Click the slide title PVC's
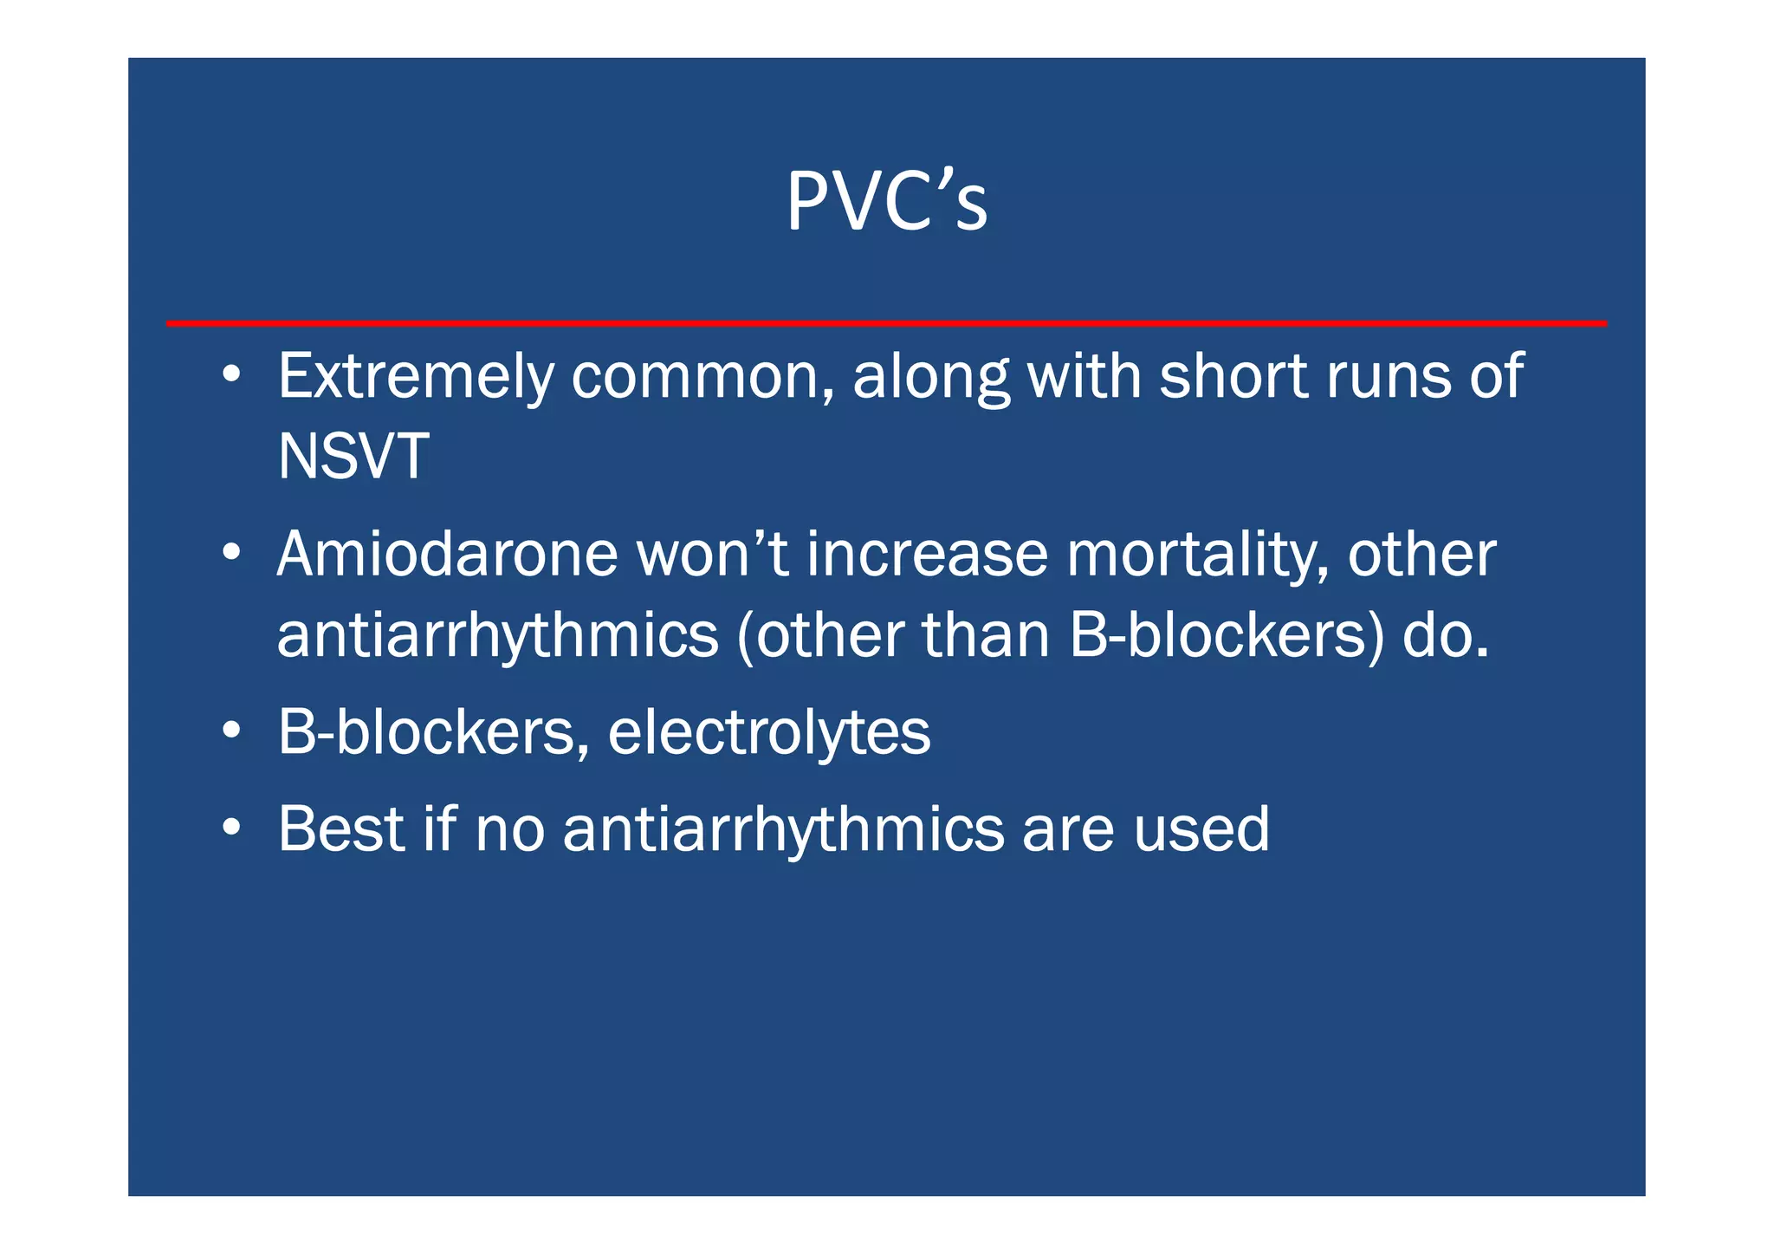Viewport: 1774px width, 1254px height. click(886, 201)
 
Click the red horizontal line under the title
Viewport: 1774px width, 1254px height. click(886, 323)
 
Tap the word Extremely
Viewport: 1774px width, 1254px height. click(416, 378)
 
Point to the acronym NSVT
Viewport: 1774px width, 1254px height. click(353, 457)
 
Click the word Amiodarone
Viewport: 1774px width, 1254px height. click(447, 555)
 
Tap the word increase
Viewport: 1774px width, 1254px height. click(928, 555)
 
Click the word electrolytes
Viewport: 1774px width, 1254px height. click(769, 733)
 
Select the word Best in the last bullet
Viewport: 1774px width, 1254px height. click(341, 829)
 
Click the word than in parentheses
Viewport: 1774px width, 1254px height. click(987, 636)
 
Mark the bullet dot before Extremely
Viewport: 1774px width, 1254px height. click(230, 374)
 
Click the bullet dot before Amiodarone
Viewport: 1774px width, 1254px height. click(230, 552)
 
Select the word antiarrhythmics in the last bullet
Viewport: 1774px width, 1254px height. click(784, 829)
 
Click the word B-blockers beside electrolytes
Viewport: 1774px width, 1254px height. click(427, 733)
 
